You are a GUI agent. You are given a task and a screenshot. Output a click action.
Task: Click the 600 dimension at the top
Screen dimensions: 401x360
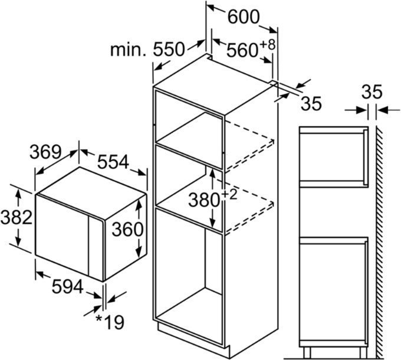coord(243,17)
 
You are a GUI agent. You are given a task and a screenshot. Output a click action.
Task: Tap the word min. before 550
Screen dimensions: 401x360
coord(128,50)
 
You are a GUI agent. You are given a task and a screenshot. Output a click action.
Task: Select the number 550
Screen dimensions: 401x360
coord(169,49)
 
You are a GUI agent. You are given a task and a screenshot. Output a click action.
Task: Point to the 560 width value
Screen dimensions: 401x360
coord(242,50)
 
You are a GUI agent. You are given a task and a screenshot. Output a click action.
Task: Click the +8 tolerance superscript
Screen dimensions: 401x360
coord(268,45)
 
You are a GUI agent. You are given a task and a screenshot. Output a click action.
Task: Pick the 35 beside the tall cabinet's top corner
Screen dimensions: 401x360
coord(311,103)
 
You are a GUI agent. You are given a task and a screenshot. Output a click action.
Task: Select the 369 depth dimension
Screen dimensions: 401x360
coord(45,152)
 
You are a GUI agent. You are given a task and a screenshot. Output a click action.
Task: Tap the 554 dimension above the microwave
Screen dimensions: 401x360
coord(113,162)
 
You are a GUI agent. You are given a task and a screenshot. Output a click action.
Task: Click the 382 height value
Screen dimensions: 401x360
coord(17,217)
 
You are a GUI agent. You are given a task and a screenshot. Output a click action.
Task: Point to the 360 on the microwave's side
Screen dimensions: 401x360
coord(127,229)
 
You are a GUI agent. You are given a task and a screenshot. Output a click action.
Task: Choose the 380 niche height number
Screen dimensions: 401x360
coord(204,200)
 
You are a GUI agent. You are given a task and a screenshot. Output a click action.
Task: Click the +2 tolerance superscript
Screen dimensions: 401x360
coord(229,195)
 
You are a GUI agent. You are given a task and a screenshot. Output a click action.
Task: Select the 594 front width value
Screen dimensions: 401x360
coord(67,287)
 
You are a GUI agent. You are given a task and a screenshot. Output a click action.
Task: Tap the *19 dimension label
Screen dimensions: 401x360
coord(110,322)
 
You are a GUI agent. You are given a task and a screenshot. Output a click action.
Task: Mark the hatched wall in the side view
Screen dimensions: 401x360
coord(380,242)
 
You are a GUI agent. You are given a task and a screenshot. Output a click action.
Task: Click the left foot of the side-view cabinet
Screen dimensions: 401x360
coord(307,352)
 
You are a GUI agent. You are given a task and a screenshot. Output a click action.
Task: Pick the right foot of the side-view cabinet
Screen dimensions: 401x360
coord(363,352)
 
